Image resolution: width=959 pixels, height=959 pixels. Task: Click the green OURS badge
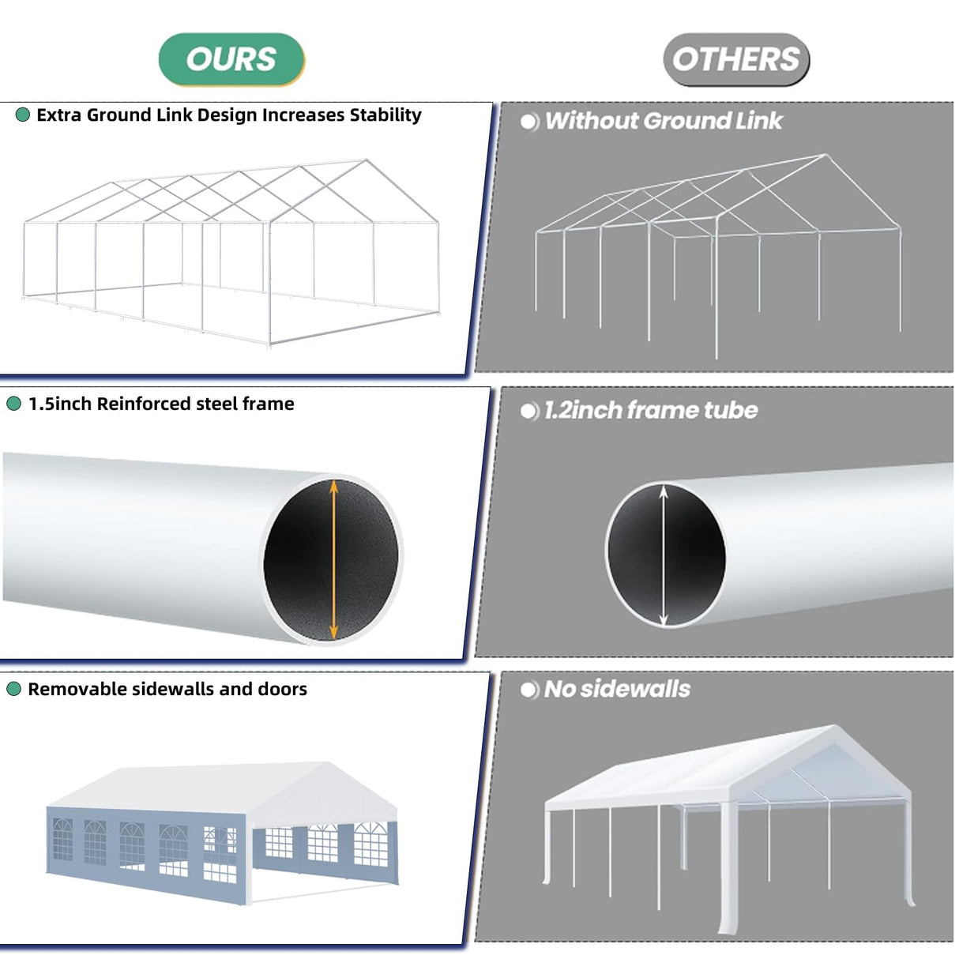231,59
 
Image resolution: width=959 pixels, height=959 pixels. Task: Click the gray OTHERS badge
735,59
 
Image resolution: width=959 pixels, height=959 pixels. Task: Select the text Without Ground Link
663,121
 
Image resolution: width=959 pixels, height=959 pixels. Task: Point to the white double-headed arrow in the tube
664,555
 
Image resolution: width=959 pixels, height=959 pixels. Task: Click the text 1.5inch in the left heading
60,404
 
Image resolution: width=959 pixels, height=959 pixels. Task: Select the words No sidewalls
617,689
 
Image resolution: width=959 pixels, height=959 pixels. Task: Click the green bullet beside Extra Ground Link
23,115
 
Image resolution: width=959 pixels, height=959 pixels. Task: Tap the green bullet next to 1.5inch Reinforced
13,404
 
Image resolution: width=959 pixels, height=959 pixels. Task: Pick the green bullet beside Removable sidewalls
13,690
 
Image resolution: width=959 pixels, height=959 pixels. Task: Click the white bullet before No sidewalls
529,690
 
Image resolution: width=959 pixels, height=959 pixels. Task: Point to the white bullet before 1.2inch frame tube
529,411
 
